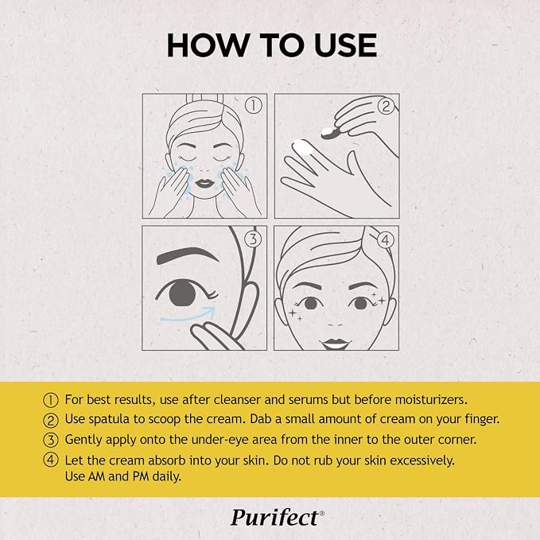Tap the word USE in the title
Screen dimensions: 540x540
tap(345, 45)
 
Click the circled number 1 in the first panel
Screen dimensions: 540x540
tap(254, 106)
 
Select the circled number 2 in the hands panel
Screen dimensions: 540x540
tap(386, 106)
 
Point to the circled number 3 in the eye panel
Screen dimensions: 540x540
tap(253, 239)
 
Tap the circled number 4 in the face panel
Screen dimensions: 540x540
tap(386, 239)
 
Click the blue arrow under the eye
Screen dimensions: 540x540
tap(188, 317)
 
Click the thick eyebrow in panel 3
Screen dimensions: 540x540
tap(187, 255)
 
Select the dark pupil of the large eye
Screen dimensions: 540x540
tap(183, 293)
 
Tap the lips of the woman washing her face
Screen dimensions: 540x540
tap(204, 183)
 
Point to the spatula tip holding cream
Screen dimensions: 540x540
tap(329, 134)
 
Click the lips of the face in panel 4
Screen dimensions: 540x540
tap(335, 344)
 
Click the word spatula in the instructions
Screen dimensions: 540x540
tap(109, 419)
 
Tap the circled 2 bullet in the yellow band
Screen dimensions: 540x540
tap(51, 420)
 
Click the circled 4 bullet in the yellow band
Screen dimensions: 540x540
tap(51, 460)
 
